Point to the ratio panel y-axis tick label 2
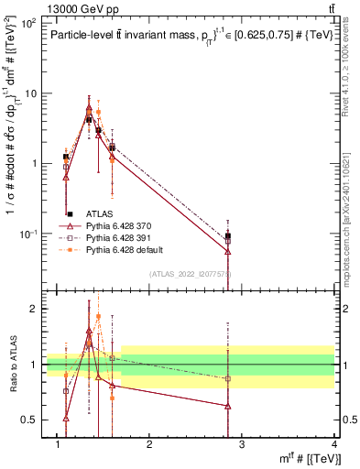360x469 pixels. (x=33, y=309)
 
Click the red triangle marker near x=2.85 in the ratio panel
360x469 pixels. (x=228, y=406)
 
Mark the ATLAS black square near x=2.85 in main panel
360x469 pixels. (x=228, y=236)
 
